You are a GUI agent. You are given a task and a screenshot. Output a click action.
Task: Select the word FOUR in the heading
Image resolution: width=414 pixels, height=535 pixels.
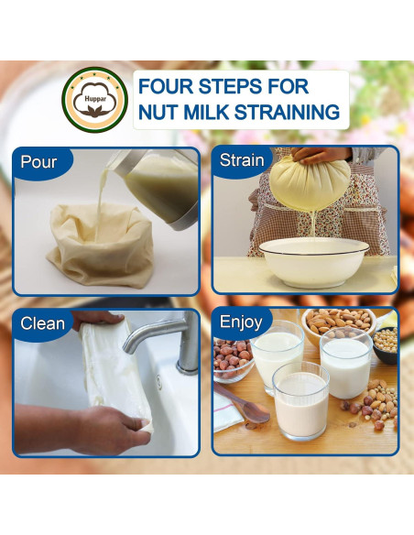click(169, 86)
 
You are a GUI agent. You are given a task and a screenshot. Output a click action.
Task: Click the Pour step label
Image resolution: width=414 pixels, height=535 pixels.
click(38, 162)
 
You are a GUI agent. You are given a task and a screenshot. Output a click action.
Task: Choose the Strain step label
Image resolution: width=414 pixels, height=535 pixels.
click(242, 160)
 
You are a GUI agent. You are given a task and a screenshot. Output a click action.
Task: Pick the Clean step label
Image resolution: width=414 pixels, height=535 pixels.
click(43, 322)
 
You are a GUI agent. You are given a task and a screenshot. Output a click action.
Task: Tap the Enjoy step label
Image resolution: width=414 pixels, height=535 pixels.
click(241, 322)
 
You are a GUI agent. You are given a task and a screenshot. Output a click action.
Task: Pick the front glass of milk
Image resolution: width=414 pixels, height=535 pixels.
click(300, 403)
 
